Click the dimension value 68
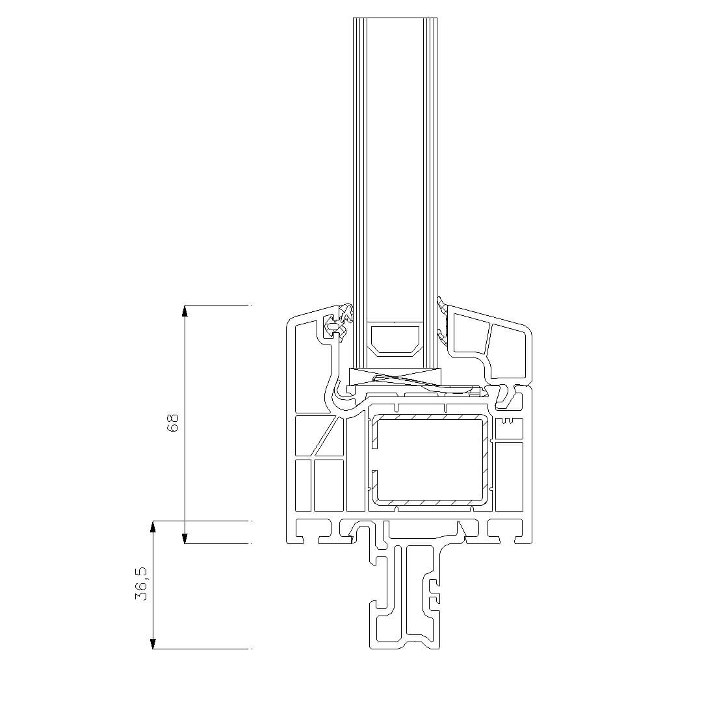click(173, 422)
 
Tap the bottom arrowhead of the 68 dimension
click(185, 538)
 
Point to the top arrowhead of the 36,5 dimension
click(153, 526)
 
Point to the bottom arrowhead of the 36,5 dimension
click(153, 643)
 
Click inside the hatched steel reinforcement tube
click(430, 461)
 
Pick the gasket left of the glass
click(338, 323)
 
